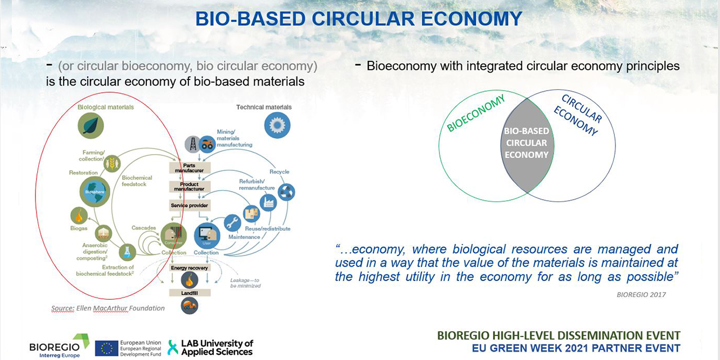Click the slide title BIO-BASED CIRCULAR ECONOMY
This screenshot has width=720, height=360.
[x=359, y=19]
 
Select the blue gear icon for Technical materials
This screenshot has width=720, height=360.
[x=277, y=125]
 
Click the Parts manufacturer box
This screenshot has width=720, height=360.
[x=190, y=168]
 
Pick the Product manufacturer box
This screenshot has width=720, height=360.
[x=189, y=186]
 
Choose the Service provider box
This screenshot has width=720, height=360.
[x=190, y=205]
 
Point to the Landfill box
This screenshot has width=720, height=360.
[x=189, y=292]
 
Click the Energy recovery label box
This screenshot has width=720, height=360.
[x=189, y=268]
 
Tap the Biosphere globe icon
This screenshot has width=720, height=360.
[x=95, y=192]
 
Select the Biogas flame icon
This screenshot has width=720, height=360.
[x=79, y=215]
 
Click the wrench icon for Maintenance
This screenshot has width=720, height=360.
[x=232, y=223]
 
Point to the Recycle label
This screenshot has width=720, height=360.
[x=279, y=171]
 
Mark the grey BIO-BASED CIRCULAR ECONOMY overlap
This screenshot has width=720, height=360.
[x=526, y=143]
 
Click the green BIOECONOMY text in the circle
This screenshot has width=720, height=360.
[x=476, y=114]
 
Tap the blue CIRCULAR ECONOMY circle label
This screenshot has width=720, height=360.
[x=577, y=115]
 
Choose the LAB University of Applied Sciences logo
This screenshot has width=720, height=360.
[x=210, y=347]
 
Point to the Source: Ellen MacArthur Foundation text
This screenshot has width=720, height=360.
[x=107, y=308]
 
